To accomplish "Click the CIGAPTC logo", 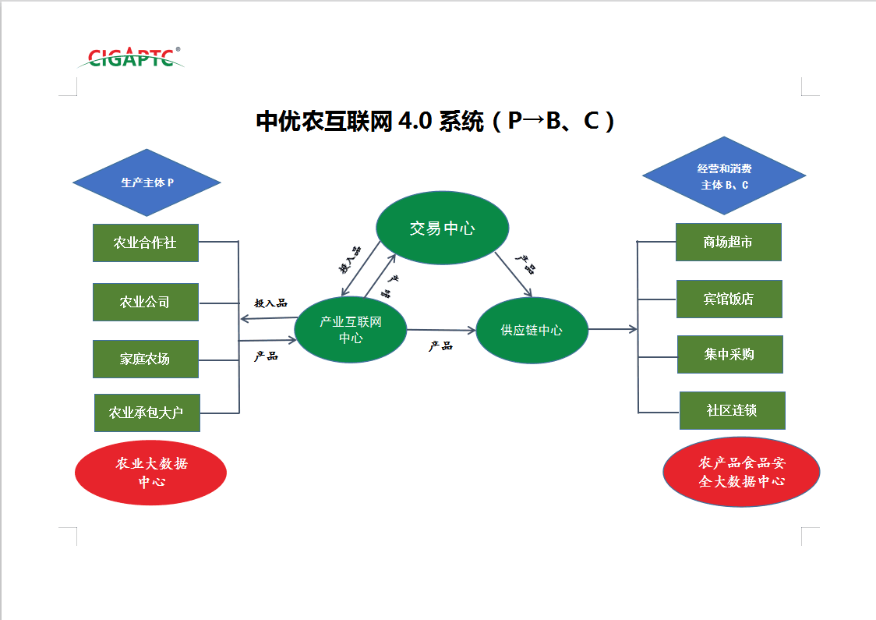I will point(131,57).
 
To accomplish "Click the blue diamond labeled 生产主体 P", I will point(147,182).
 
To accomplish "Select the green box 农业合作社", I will point(146,243).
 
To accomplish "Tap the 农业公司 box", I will point(146,302).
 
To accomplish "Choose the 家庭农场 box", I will point(146,359).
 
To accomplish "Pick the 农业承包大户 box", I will point(147,413).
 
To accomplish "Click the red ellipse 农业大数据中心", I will point(151,473).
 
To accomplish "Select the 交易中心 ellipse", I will point(442,228).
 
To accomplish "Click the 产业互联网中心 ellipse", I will point(351,330).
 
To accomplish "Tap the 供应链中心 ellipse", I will point(532,330).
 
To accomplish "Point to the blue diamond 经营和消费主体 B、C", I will point(724,176).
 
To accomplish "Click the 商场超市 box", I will point(728,242).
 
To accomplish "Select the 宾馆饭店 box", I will point(729,299).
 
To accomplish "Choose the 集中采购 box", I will point(729,354).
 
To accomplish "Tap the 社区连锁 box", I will point(732,410).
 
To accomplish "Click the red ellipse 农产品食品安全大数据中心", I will point(741,472).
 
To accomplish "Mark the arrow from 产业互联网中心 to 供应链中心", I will point(441,330).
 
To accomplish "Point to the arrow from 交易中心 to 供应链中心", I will point(516,275).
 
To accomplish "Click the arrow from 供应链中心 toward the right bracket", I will point(613,329).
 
